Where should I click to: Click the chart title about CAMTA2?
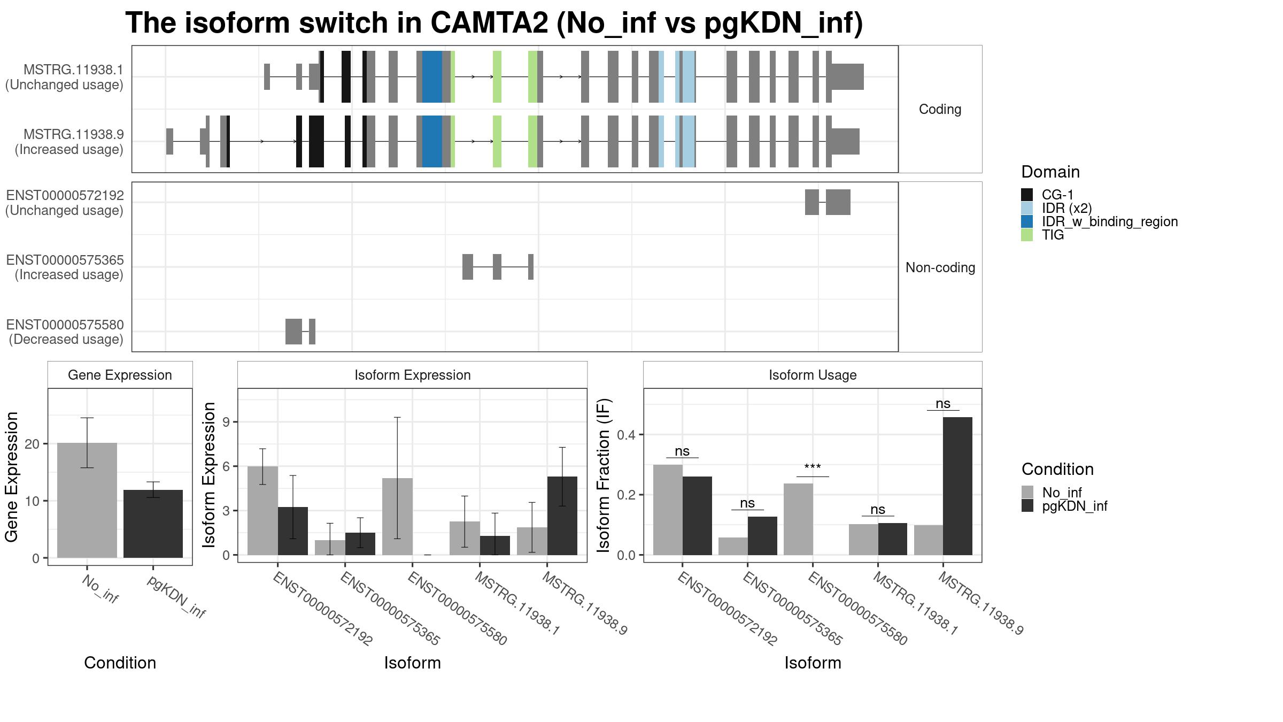coord(494,23)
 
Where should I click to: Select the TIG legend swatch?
coord(1027,235)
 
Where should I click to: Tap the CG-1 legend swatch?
coord(1027,195)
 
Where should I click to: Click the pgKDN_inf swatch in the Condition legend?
coord(1027,506)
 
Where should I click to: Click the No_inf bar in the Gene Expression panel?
coord(87,501)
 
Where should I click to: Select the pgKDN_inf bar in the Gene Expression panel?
coord(153,524)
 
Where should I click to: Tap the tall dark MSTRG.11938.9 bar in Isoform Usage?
coord(957,486)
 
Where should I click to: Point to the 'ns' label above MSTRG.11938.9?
coord(943,404)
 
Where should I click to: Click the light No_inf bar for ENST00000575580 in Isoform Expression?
coord(397,517)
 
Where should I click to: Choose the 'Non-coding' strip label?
coord(940,267)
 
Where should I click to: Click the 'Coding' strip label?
coord(940,109)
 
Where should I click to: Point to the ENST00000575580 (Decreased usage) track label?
coord(65,332)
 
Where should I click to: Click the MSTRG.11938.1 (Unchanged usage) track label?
coord(65,77)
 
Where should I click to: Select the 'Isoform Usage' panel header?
coord(813,375)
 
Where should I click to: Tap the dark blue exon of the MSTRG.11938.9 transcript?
coord(432,141)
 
